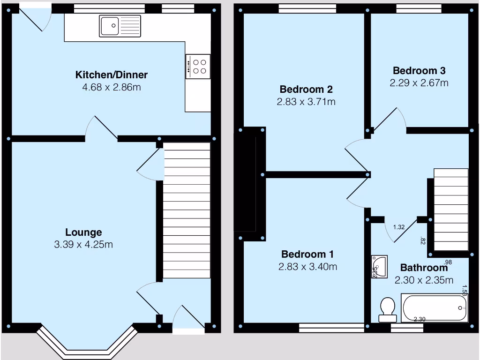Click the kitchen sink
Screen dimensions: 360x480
pyautogui.click(x=120, y=26)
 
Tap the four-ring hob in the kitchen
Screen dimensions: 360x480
pyautogui.click(x=198, y=66)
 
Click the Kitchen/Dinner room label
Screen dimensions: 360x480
pyautogui.click(x=112, y=75)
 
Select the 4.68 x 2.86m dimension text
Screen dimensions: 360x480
pyautogui.click(x=112, y=87)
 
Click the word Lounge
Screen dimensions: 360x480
pyautogui.click(x=83, y=232)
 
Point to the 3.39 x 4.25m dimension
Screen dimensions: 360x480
pyautogui.click(x=83, y=245)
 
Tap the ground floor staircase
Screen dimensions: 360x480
pyautogui.click(x=187, y=211)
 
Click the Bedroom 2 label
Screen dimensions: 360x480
pyautogui.click(x=306, y=89)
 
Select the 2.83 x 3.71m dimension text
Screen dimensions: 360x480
pyautogui.click(x=306, y=101)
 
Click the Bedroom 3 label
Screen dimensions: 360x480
pyautogui.click(x=419, y=71)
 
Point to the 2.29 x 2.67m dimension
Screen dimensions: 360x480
pyautogui.click(x=419, y=83)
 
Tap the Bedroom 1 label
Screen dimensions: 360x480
pyautogui.click(x=307, y=255)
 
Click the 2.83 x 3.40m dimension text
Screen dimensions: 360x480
pyautogui.click(x=307, y=267)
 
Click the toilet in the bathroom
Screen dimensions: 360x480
pyautogui.click(x=387, y=309)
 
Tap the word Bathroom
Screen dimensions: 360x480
pyautogui.click(x=423, y=268)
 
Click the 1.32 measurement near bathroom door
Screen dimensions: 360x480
pyautogui.click(x=399, y=227)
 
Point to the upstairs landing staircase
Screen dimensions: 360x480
pyautogui.click(x=451, y=210)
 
